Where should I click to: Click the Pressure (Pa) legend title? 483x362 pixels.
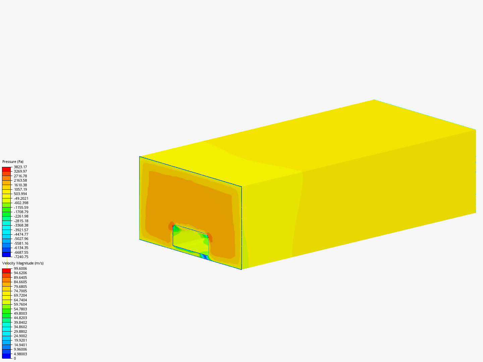(x=13, y=162)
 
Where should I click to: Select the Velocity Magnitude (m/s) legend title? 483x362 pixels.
(x=23, y=263)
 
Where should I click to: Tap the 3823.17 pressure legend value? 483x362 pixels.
(x=20, y=167)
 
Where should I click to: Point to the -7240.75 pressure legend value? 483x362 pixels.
(x=21, y=257)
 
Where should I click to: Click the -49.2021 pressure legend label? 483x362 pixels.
(x=21, y=198)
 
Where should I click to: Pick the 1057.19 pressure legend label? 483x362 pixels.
(x=20, y=189)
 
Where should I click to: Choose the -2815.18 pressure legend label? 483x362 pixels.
(x=21, y=221)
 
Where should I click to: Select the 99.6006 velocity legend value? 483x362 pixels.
(x=20, y=268)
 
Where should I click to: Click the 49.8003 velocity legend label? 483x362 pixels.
(x=20, y=313)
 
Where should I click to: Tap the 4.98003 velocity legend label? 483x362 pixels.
(x=20, y=354)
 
